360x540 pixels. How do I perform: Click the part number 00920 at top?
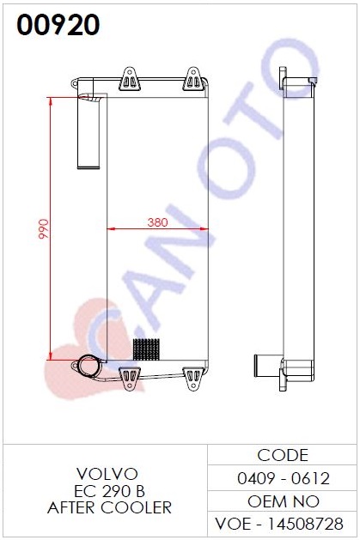pos(58,25)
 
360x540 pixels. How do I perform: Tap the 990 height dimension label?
pos(44,228)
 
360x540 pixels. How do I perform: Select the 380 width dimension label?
pos(157,222)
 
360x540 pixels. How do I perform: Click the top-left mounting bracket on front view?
pos(129,79)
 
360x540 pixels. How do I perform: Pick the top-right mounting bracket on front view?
pos(193,79)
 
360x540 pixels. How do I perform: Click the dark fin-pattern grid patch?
pos(146,349)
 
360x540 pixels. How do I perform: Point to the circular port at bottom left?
pos(88,367)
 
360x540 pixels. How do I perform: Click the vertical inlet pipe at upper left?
pos(88,131)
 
